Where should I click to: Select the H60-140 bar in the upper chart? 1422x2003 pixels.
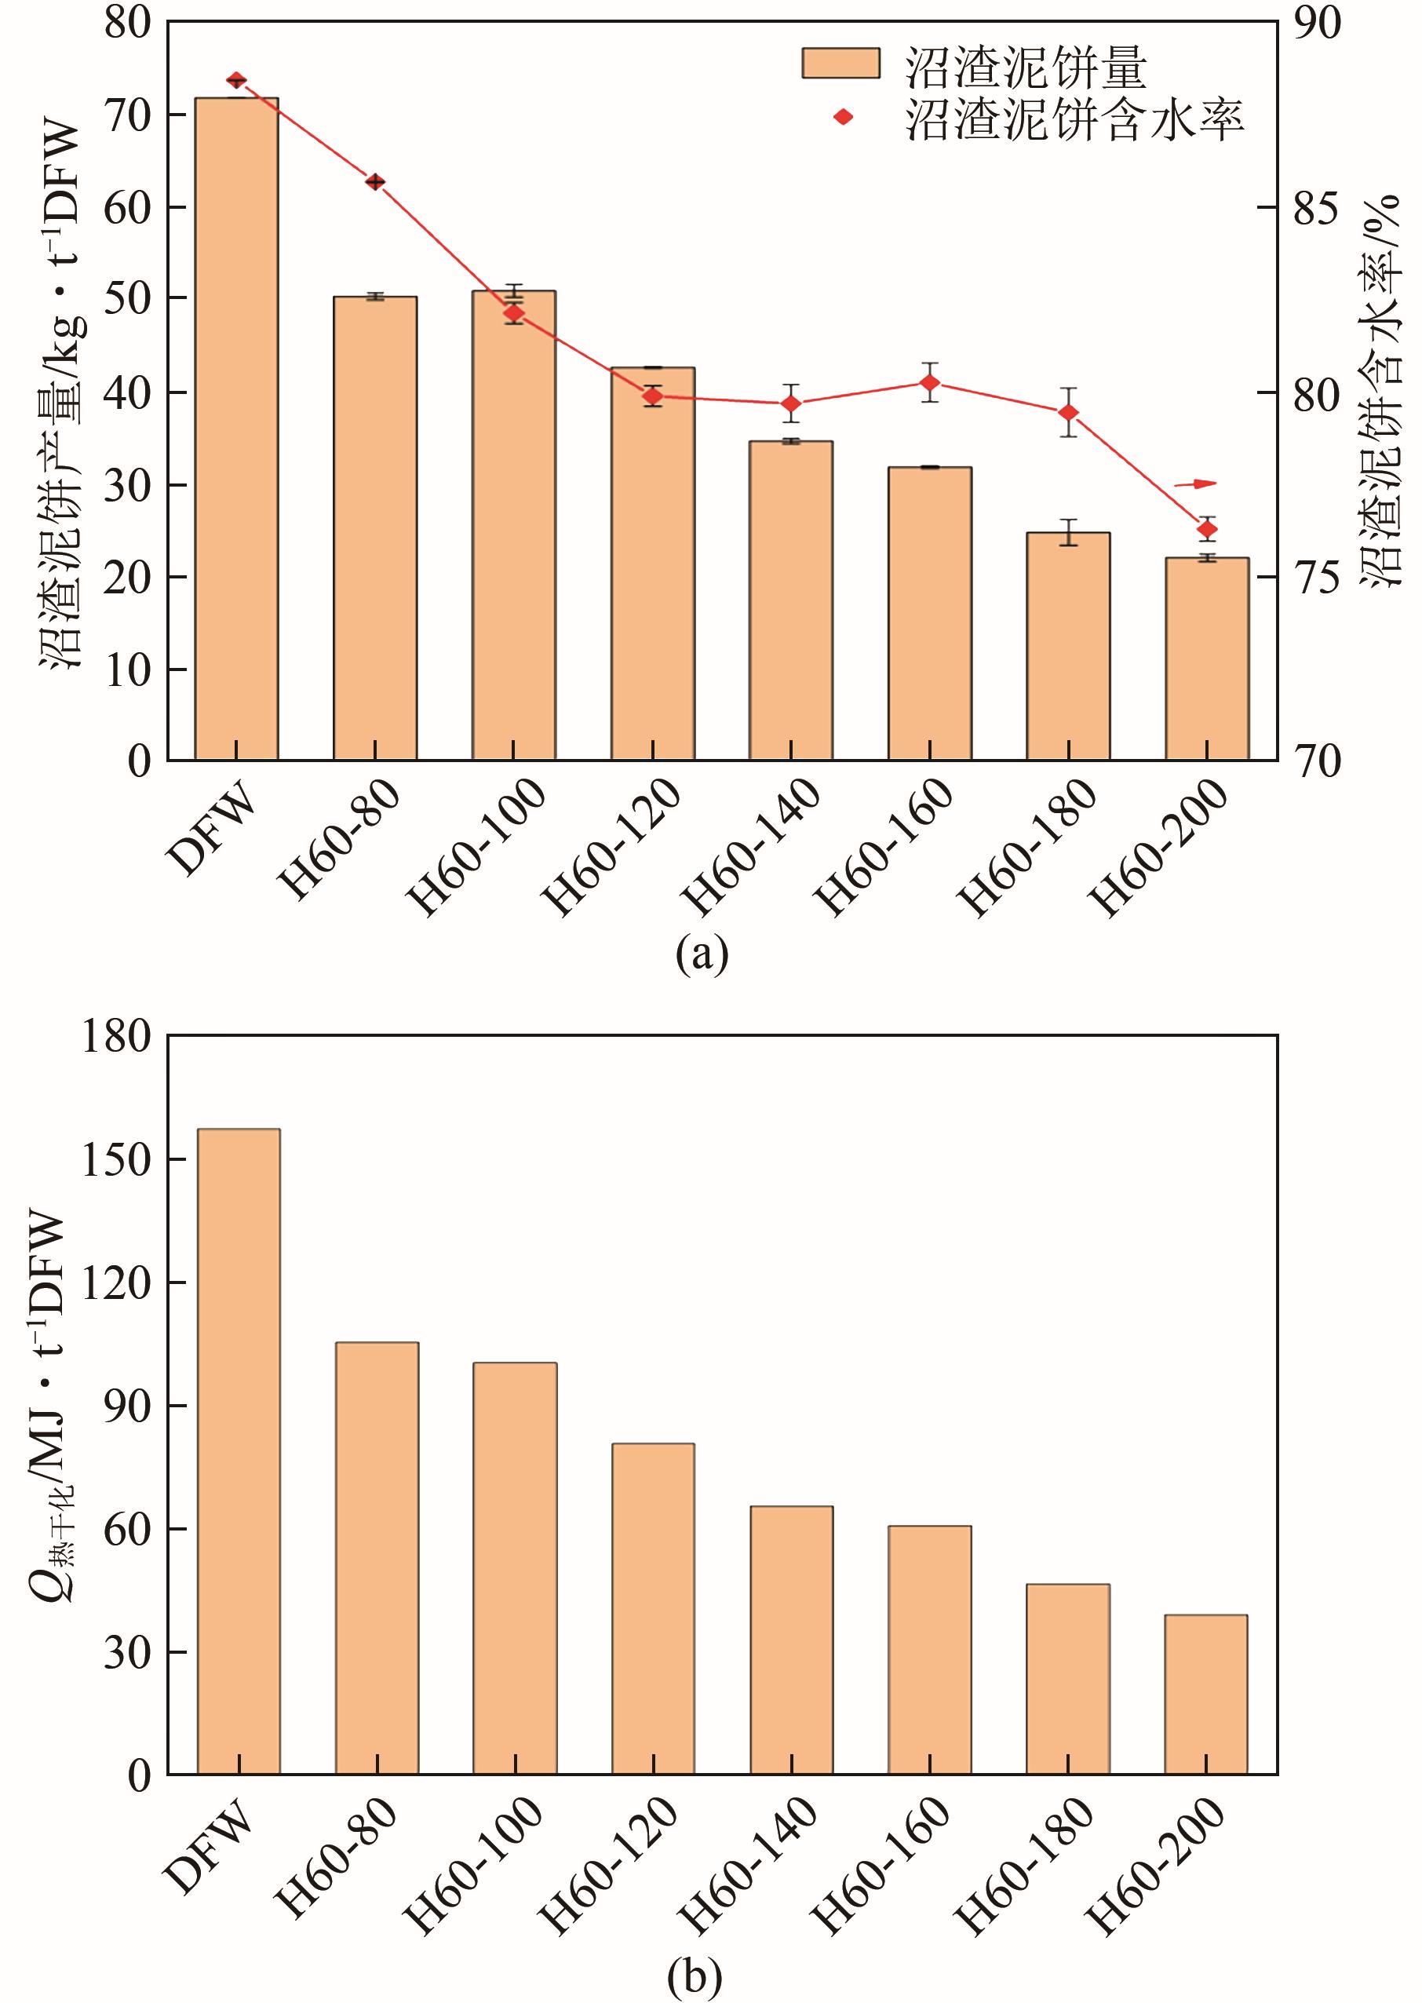pos(791,599)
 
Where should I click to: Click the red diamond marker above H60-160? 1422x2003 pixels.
pos(930,383)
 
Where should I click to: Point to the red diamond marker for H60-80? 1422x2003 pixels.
pos(376,182)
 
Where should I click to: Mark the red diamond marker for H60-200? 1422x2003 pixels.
pos(1208,529)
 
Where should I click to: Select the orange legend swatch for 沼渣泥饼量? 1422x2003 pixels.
pos(840,63)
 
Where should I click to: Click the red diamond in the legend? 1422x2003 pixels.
pos(842,116)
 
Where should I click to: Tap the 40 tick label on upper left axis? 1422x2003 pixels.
pos(127,392)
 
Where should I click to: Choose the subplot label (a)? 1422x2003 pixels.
pos(702,954)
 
